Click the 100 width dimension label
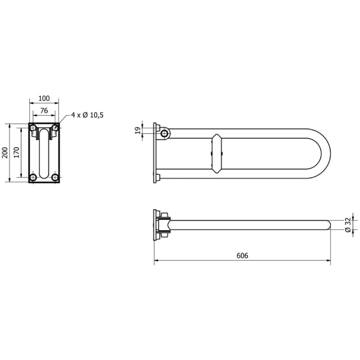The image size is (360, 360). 44,98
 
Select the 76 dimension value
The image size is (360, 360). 44,110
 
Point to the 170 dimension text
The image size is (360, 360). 17,152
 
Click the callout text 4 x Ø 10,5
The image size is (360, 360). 87,115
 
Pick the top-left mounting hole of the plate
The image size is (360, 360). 33,127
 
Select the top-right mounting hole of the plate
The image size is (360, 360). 55,127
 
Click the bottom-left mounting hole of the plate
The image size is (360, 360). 33,177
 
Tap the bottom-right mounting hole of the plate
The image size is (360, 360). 55,177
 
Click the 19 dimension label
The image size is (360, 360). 137,131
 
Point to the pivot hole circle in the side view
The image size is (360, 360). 165,134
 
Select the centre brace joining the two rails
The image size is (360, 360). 217,153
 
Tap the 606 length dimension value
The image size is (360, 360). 242,256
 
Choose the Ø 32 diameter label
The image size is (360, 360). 348,225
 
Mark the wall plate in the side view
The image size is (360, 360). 155,153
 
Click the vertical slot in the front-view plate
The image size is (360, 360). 44,154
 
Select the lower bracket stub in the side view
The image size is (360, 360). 158,178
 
